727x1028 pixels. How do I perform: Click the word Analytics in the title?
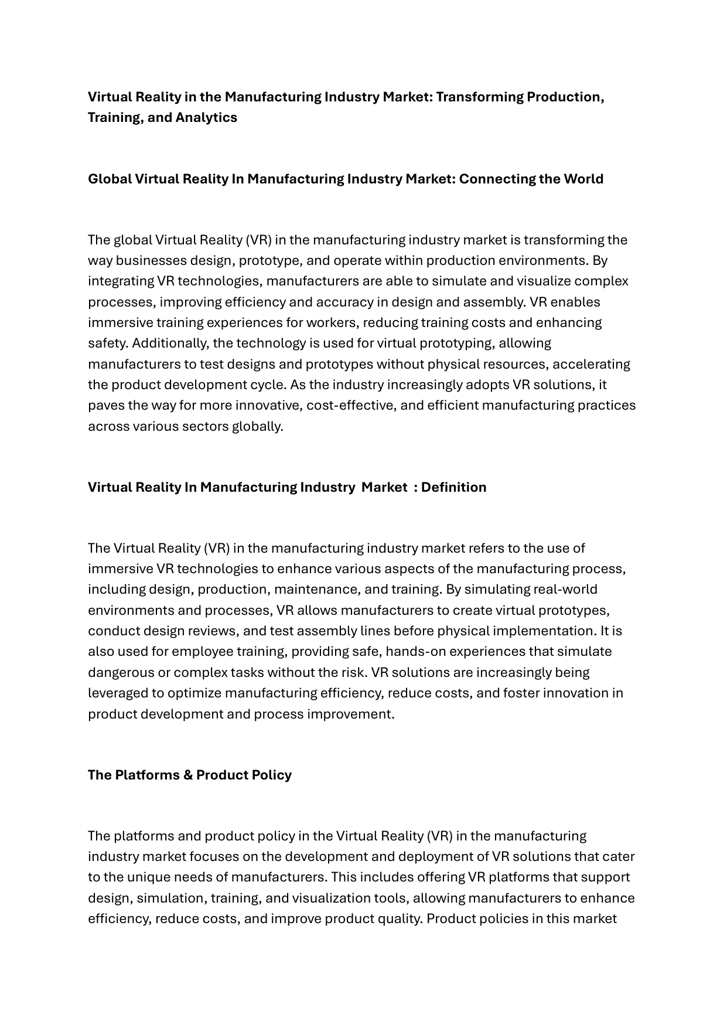click(x=206, y=117)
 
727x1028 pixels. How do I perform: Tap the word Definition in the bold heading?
click(x=453, y=487)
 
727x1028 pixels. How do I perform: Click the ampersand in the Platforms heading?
click(x=188, y=775)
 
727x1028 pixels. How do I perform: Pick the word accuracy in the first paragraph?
click(x=345, y=302)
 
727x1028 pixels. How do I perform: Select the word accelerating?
click(x=592, y=364)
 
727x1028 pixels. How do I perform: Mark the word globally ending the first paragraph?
click(x=258, y=426)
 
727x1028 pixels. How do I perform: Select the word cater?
click(x=619, y=856)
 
